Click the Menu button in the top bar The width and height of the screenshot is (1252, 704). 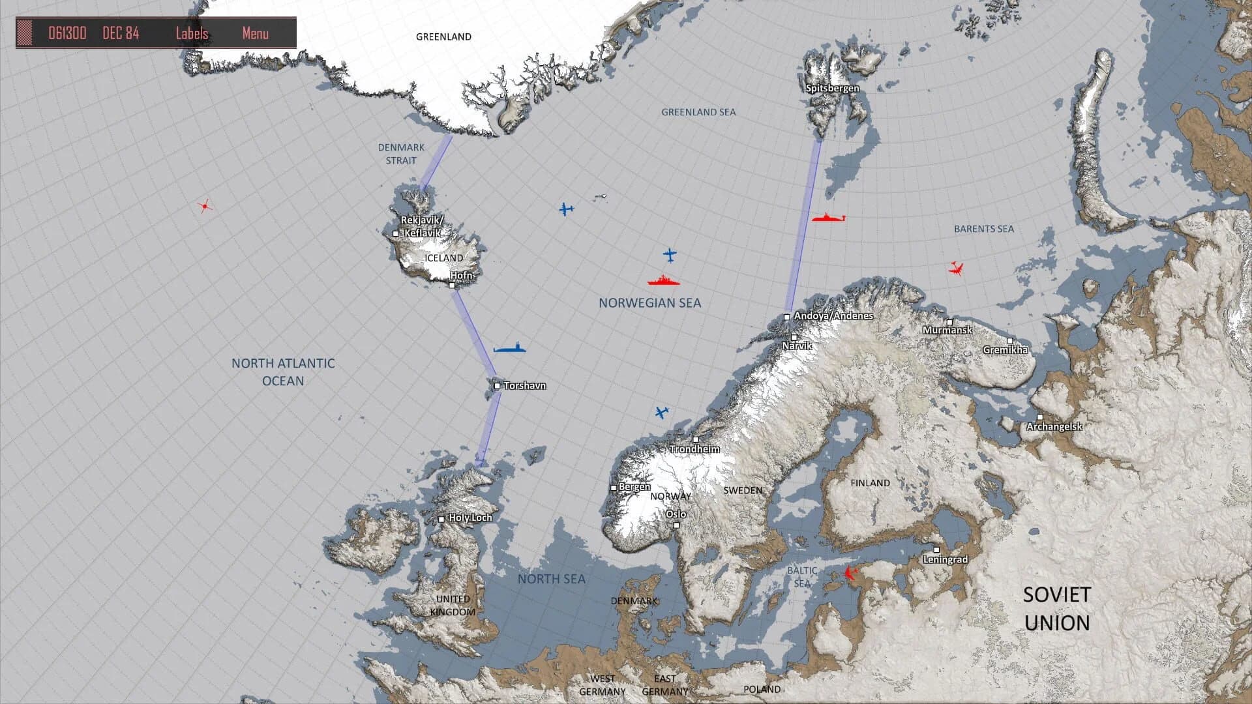(x=255, y=33)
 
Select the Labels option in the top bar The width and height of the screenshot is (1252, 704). (x=192, y=33)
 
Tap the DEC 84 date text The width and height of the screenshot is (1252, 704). (x=121, y=33)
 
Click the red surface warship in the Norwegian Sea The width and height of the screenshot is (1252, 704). (x=664, y=282)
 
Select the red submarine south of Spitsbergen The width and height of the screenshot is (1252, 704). (x=828, y=218)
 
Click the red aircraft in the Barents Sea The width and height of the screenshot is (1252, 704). (x=956, y=268)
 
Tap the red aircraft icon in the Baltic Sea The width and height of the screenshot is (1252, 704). (x=849, y=573)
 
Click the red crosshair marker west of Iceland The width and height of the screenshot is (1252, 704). (x=205, y=206)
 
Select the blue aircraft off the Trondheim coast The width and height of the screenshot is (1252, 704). (x=662, y=412)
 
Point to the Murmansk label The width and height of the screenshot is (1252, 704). (x=947, y=330)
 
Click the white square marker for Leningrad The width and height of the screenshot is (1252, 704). (x=936, y=550)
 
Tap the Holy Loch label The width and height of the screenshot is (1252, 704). (x=470, y=518)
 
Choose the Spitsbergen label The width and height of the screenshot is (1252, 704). (x=832, y=88)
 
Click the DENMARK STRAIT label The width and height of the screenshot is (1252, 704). (x=401, y=154)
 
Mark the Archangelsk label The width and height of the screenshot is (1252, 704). (x=1054, y=427)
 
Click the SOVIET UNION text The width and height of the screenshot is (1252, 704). (x=1056, y=608)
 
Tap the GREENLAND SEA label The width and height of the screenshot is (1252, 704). (x=698, y=112)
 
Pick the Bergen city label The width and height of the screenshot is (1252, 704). (x=634, y=487)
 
